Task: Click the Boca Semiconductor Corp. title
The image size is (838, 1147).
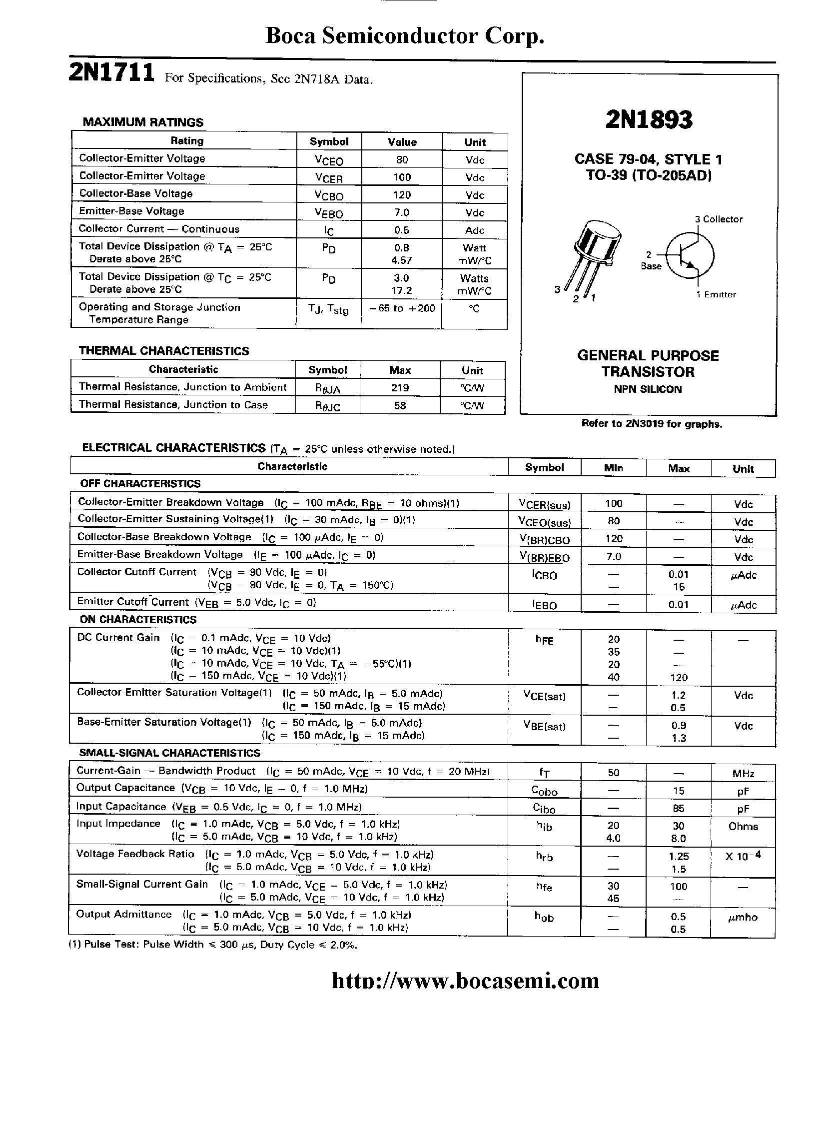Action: coord(405,36)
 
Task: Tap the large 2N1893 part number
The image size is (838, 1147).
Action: coord(648,120)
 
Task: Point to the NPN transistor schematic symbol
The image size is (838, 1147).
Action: coord(690,255)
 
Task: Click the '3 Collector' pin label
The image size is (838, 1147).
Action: coord(718,219)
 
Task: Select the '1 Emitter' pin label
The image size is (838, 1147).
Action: coord(716,295)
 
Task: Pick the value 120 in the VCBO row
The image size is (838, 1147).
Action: coord(402,195)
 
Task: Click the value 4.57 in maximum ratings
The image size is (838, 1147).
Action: coord(402,260)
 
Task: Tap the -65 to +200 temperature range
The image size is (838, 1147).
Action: coord(402,308)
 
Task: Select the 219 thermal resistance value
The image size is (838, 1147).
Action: coord(400,388)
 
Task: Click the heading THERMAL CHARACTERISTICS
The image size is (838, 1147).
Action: coord(164,351)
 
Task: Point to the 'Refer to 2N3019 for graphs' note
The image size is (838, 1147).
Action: coord(651,424)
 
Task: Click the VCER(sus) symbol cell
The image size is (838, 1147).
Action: coord(544,504)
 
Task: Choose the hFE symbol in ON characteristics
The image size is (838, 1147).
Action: coord(544,640)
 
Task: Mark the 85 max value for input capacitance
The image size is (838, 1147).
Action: coord(678,809)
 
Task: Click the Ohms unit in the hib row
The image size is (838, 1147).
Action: coord(743,826)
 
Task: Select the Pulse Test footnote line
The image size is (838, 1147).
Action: coord(213,945)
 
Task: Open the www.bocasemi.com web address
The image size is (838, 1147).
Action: coord(465,981)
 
